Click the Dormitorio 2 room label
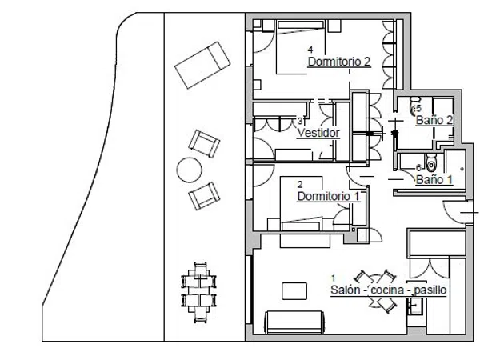point(339,62)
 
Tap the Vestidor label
point(318,133)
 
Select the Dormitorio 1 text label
point(329,197)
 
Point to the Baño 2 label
point(434,120)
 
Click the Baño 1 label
point(434,180)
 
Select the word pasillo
point(430,290)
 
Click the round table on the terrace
point(189,170)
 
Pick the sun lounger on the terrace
point(202,66)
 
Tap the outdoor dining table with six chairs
point(199,292)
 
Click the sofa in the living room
point(294,322)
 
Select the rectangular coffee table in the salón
point(294,291)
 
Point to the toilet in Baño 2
point(414,106)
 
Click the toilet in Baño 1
point(431,162)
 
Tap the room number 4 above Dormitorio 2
point(310,50)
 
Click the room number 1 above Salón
point(334,278)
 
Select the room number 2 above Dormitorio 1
point(300,184)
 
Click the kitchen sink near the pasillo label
point(415,306)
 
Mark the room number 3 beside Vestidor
point(300,121)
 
